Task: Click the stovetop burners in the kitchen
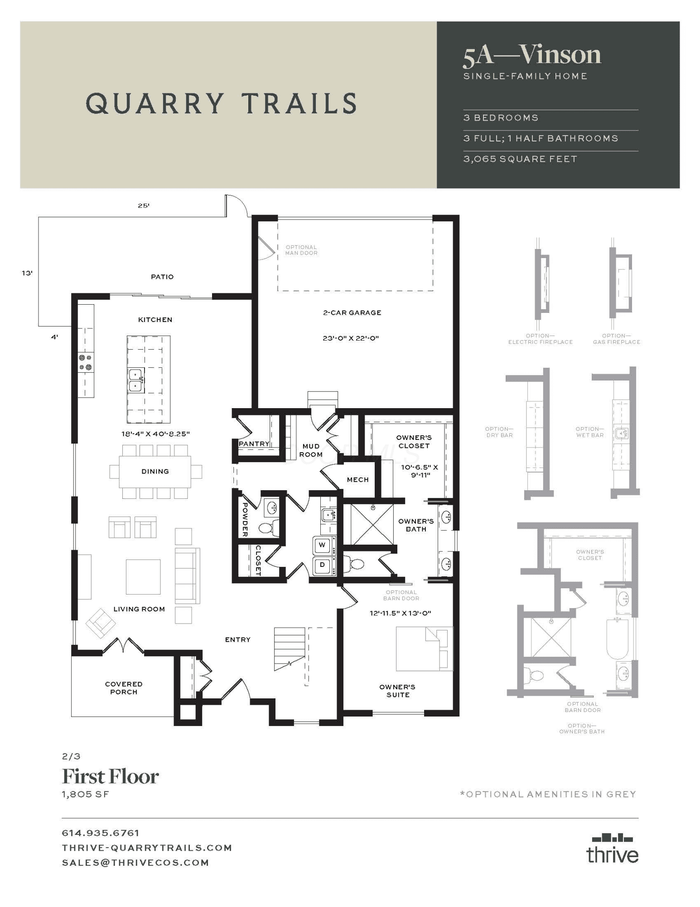[86, 362]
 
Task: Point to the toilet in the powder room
[268, 527]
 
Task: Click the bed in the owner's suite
[425, 649]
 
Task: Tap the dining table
[155, 472]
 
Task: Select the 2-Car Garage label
[352, 312]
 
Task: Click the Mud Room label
[311, 450]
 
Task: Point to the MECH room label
[357, 480]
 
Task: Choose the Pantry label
[254, 444]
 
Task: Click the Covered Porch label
[124, 688]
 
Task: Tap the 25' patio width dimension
[144, 205]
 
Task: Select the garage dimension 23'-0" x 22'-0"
[351, 338]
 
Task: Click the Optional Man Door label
[301, 250]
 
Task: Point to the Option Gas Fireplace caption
[617, 339]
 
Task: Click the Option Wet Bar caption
[590, 432]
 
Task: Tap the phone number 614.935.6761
[101, 833]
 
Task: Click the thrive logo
[613, 848]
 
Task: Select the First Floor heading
[110, 776]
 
